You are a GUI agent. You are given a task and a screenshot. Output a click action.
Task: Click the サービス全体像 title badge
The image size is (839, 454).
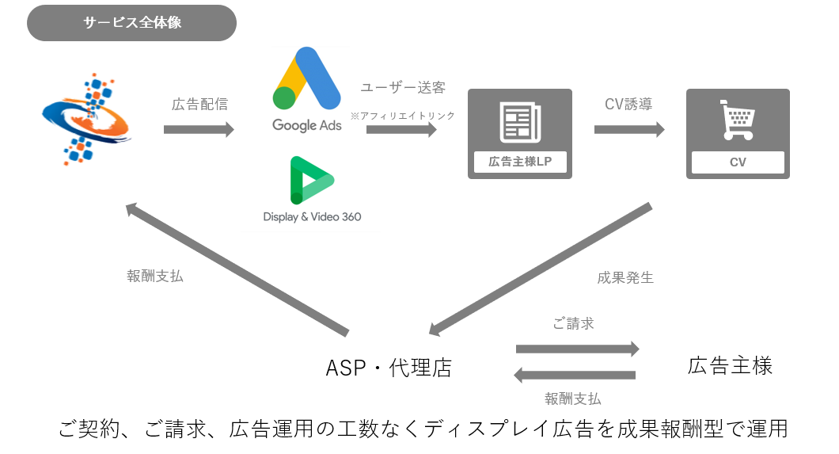pyautogui.click(x=132, y=23)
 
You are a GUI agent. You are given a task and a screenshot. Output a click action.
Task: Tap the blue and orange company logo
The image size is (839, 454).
pyautogui.click(x=86, y=116)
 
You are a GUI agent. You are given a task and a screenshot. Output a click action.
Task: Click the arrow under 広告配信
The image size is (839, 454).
pyautogui.click(x=199, y=129)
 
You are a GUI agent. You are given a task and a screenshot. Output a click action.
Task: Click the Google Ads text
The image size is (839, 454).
pyautogui.click(x=307, y=124)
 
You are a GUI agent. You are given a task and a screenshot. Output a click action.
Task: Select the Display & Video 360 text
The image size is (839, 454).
pyautogui.click(x=312, y=216)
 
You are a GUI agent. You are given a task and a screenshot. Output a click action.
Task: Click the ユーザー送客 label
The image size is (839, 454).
pyautogui.click(x=402, y=88)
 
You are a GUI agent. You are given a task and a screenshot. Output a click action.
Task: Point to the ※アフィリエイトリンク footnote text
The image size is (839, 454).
pyautogui.click(x=403, y=116)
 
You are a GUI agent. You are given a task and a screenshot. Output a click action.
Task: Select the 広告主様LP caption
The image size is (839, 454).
pyautogui.click(x=519, y=162)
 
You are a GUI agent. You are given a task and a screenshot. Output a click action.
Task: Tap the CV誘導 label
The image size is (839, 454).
pyautogui.click(x=628, y=105)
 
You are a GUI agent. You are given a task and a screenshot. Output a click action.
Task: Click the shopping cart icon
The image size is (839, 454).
pyautogui.click(x=737, y=121)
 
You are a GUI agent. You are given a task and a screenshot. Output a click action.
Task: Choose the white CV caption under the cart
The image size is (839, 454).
pyautogui.click(x=738, y=162)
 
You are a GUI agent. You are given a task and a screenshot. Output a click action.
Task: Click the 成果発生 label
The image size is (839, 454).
pyautogui.click(x=625, y=278)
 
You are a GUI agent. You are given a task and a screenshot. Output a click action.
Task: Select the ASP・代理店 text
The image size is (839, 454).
pyautogui.click(x=389, y=368)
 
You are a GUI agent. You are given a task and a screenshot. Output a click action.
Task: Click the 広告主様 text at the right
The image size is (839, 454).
pyautogui.click(x=730, y=365)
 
